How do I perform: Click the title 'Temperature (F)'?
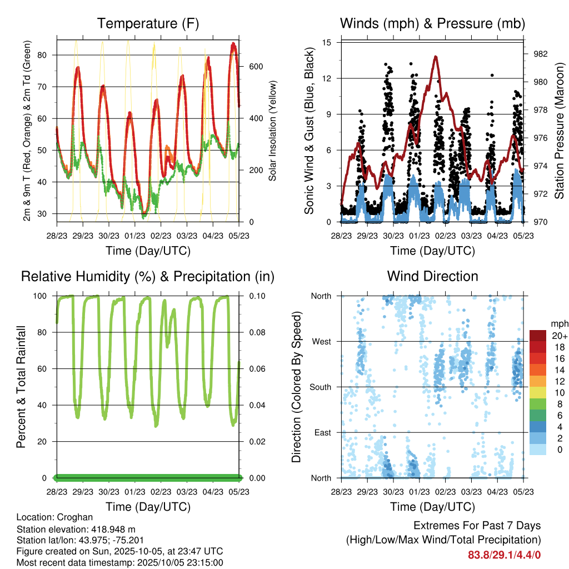tap(148, 23)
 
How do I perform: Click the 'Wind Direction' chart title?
tap(432, 276)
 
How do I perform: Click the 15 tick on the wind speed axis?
tap(327, 42)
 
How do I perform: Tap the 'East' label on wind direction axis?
tap(321, 432)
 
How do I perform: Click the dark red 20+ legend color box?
tap(538, 336)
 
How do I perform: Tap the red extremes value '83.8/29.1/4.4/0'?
tap(504, 555)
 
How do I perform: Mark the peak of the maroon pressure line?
tap(436, 56)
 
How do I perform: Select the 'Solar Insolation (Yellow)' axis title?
tap(273, 131)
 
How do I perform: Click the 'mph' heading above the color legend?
tap(558, 323)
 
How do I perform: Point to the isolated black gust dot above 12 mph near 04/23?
tap(492, 75)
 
